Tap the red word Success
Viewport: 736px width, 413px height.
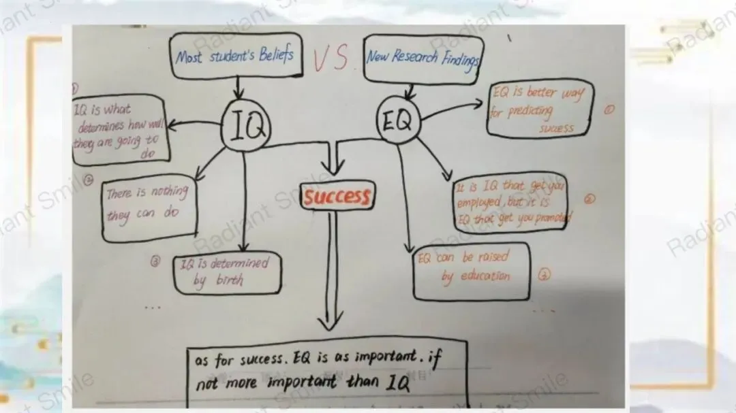337,197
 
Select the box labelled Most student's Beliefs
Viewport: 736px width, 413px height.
234,54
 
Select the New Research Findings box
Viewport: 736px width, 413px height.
422,58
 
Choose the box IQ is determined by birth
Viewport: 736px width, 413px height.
226,271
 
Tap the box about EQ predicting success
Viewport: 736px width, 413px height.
540,109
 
